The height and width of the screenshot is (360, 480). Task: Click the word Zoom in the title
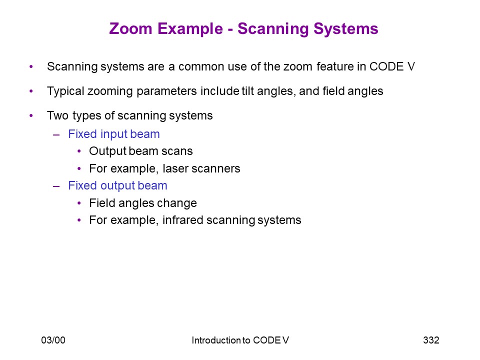130,29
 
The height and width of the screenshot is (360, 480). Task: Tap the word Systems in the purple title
346,29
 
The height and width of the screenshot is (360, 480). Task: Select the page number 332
431,340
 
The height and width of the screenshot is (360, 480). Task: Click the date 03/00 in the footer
53,340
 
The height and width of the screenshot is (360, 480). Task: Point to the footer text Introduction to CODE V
240,340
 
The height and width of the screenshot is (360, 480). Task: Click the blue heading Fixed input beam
114,134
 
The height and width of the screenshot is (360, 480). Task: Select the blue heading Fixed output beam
117,186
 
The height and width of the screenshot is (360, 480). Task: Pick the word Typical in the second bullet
66,91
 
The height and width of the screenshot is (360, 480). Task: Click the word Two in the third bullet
57,115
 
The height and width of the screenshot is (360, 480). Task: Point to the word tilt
247,91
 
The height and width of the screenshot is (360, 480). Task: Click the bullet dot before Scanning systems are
31,66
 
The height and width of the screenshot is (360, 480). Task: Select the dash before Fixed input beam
56,134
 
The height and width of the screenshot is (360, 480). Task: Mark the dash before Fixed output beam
56,186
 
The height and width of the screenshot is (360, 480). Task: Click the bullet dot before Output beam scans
79,151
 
